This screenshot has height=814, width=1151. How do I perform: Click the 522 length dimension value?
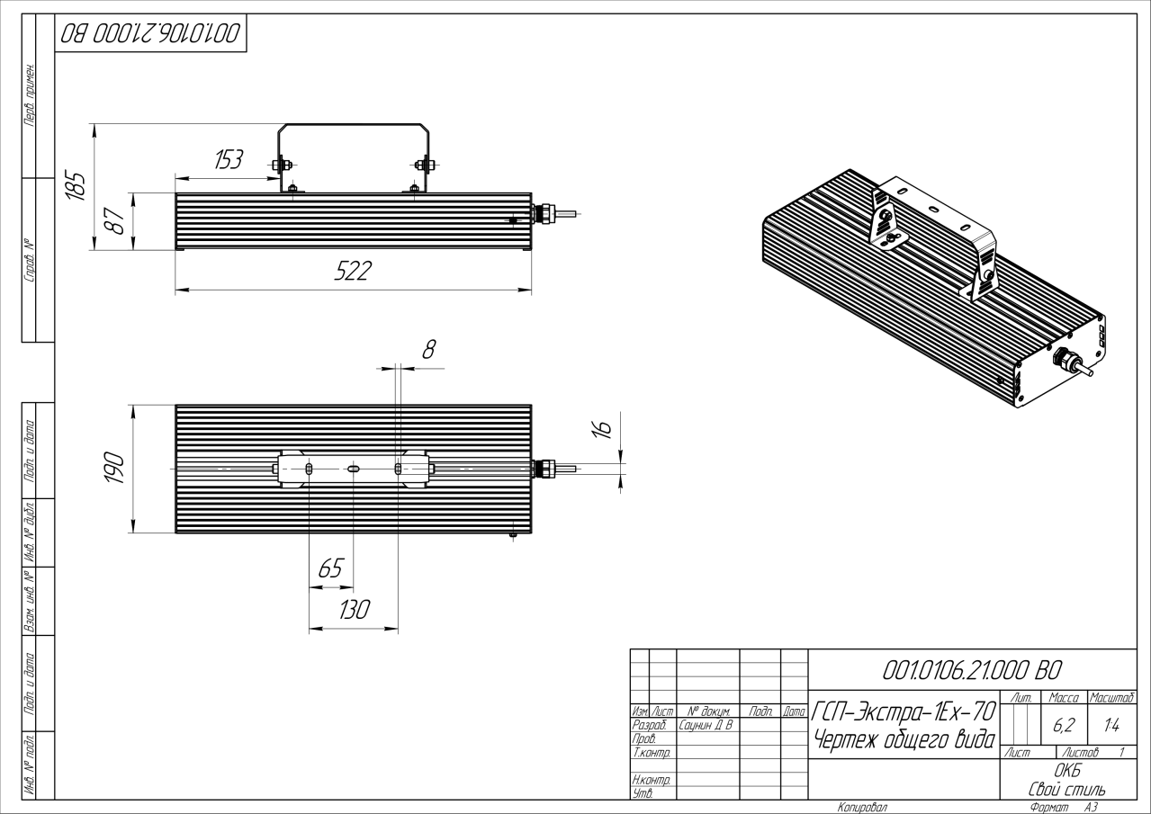click(352, 272)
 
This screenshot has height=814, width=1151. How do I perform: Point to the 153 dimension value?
click(227, 160)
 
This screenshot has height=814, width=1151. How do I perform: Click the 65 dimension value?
click(331, 569)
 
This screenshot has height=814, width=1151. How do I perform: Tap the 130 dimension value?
click(354, 611)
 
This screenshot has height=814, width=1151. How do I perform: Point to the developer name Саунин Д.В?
click(706, 724)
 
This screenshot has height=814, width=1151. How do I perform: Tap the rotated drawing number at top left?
click(150, 34)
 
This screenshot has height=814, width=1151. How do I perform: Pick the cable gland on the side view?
click(544, 214)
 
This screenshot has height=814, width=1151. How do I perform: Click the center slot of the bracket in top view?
click(354, 469)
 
